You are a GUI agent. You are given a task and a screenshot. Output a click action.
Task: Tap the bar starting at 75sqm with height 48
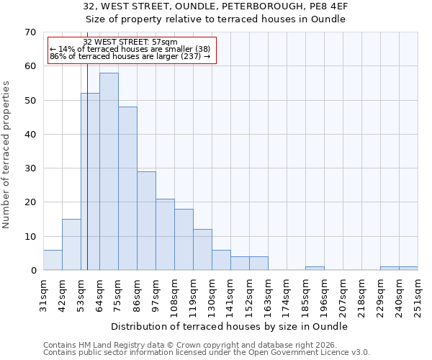click(127, 189)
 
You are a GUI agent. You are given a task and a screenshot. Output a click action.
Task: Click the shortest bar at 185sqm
click(315, 269)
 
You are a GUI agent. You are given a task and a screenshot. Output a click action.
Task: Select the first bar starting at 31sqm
click(53, 260)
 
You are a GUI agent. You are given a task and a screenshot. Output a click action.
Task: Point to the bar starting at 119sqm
click(202, 250)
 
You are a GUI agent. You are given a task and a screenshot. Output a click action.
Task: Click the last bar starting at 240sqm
click(408, 269)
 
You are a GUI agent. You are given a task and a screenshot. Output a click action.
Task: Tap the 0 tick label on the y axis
click(33, 271)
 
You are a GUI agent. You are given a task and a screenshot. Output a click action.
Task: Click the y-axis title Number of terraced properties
click(7, 155)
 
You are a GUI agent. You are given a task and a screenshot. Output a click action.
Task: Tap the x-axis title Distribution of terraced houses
click(230, 326)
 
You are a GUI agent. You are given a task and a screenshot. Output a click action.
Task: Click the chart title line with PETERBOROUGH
click(216, 6)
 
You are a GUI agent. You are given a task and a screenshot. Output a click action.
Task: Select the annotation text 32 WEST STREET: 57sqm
click(130, 42)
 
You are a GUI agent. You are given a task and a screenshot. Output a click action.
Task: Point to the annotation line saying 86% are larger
click(130, 56)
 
